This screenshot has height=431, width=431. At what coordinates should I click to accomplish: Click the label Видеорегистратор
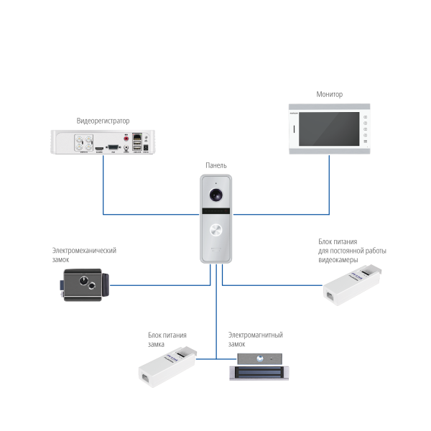103,121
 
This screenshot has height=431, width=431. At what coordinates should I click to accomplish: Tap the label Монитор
330,94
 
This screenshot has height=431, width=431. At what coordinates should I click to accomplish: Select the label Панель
215,165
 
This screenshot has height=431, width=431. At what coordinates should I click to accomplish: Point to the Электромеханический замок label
83,254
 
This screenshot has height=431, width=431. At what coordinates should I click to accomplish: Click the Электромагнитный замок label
255,339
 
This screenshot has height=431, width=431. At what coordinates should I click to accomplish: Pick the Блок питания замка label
167,339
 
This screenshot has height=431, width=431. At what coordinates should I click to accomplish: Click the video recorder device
102,142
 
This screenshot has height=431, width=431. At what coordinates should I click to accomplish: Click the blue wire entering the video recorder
103,180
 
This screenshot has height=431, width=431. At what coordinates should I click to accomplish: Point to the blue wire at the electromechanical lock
144,285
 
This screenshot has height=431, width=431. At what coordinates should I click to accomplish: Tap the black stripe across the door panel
216,211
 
